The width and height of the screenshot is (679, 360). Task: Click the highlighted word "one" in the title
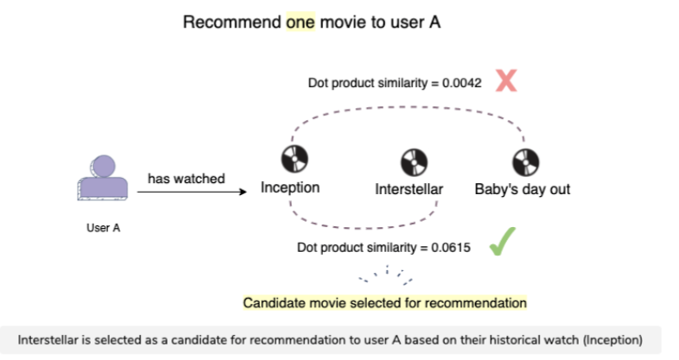point(302,22)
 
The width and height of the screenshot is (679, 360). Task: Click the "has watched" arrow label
point(186,179)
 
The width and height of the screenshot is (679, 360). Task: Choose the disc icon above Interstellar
point(409,161)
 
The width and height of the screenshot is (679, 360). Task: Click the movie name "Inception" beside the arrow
point(290,188)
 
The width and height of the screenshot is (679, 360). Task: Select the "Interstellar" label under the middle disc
point(409,189)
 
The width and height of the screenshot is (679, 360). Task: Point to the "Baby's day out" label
point(522,189)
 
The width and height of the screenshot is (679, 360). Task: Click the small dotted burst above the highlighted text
point(386,276)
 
